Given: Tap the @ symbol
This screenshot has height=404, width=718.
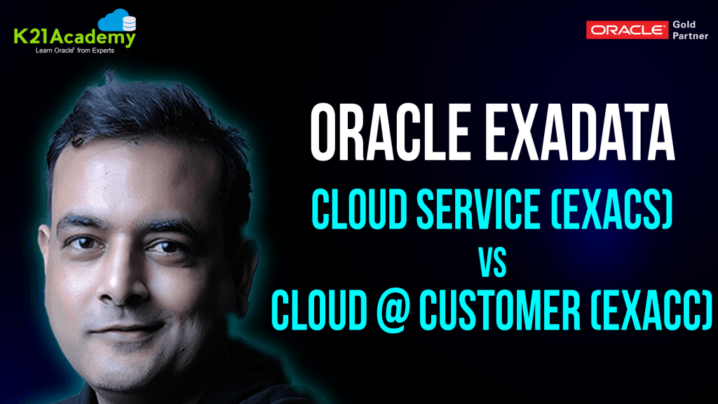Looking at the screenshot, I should point(394,309).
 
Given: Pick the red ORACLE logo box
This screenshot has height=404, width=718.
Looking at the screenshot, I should point(627,29).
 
